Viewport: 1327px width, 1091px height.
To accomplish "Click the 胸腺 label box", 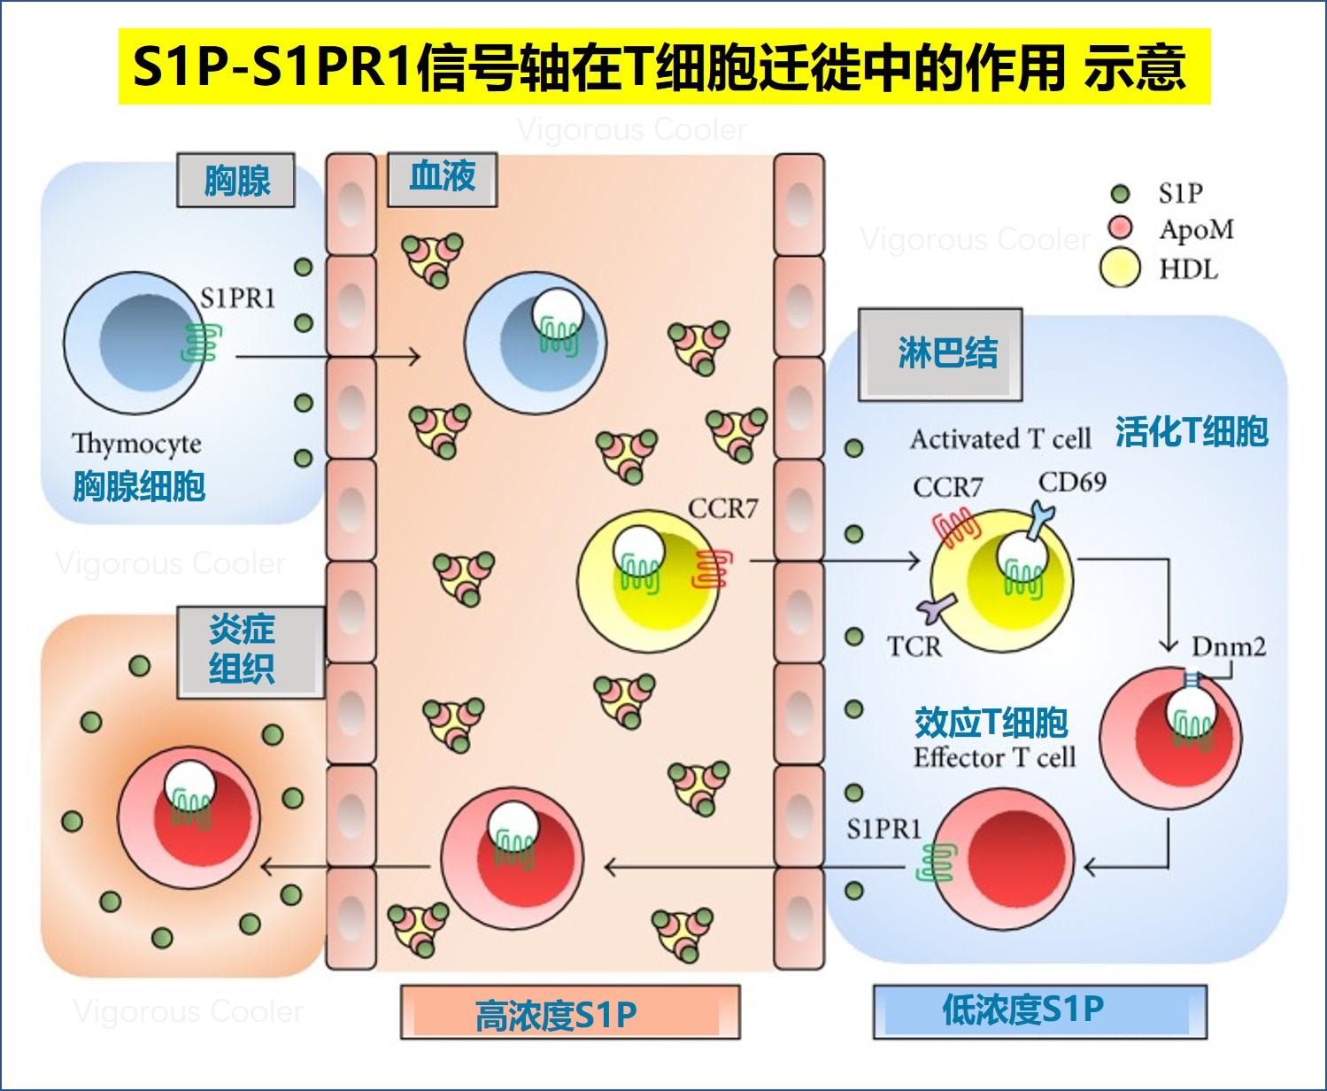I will tap(236, 181).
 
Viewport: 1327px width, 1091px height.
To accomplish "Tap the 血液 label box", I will tap(442, 178).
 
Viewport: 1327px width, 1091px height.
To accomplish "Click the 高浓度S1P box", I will tap(570, 1011).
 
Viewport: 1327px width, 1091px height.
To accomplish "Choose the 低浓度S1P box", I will tap(1039, 1010).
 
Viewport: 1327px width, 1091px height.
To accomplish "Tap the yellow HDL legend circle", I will tap(1120, 267).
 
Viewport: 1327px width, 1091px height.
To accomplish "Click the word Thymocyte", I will tap(136, 443).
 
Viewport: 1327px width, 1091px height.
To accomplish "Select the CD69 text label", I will tap(1072, 482).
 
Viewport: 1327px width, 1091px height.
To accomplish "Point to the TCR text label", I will tap(914, 646).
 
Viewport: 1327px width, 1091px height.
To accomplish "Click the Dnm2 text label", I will tap(1229, 646).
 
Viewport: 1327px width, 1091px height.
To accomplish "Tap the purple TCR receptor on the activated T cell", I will tap(937, 608).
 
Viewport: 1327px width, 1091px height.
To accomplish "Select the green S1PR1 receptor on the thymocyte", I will tap(201, 343).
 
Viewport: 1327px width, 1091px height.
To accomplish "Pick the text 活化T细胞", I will tap(1192, 431).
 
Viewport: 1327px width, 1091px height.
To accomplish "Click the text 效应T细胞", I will tap(991, 723).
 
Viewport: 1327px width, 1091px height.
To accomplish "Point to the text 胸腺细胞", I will tap(139, 486).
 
